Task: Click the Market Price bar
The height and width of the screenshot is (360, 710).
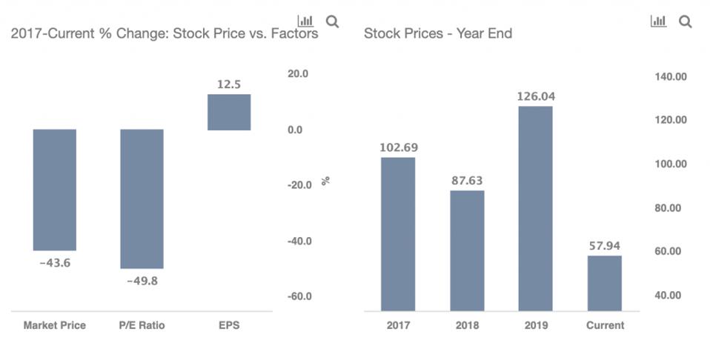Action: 54,190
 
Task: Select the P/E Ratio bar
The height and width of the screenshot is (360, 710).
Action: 142,199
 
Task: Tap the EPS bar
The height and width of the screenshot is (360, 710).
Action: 229,112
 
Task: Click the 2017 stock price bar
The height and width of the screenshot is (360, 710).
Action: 398,234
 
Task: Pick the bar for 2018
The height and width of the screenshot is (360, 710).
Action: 467,250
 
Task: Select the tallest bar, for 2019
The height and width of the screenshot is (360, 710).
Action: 535,208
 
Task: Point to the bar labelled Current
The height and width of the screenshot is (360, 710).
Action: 605,283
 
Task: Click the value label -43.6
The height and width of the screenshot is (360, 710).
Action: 54,263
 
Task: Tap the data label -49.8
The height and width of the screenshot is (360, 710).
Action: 142,281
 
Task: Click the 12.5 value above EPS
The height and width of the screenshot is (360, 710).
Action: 229,84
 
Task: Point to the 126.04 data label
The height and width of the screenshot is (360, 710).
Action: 535,96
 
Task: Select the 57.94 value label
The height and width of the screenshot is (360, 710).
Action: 605,245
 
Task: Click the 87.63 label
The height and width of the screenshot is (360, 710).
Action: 467,180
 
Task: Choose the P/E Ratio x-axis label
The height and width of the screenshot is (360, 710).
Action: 142,325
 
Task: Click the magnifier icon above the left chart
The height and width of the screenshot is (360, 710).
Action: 333,21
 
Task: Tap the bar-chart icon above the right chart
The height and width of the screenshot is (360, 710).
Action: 658,21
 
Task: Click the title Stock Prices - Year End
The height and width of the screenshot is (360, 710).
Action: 437,33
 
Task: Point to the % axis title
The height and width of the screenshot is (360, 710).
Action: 325,181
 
